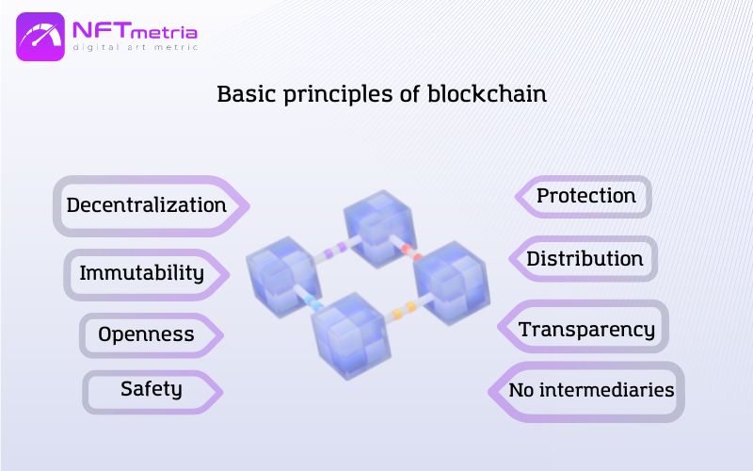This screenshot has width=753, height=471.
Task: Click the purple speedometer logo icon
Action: tap(40, 37)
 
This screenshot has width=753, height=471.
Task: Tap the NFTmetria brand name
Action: tap(135, 31)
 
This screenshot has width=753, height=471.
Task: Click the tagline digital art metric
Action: tap(135, 47)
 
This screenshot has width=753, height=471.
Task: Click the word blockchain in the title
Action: tap(487, 93)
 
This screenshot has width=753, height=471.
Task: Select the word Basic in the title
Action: tap(248, 93)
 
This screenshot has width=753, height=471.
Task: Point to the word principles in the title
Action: tap(339, 95)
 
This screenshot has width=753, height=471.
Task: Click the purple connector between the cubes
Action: tap(335, 250)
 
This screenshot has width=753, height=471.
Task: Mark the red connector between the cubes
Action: tap(411, 252)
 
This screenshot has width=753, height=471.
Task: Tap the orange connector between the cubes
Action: tap(405, 311)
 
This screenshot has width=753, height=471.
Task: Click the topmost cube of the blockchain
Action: tap(380, 229)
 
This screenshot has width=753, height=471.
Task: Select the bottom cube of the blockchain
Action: tap(351, 335)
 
